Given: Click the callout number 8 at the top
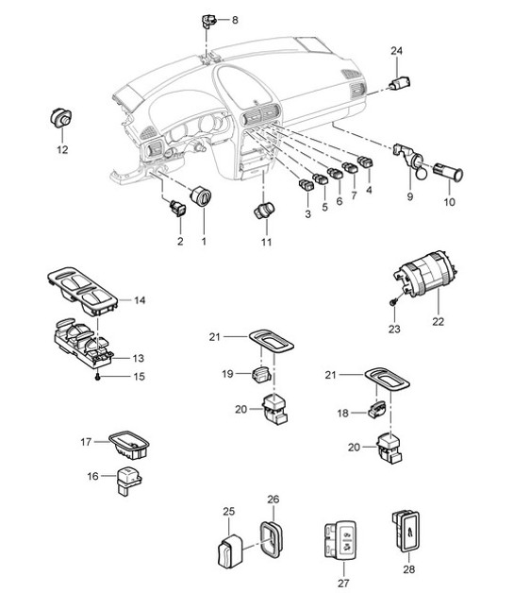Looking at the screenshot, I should [235, 20].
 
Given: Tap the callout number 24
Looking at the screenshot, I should [396, 50].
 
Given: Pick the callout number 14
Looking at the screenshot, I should [139, 300].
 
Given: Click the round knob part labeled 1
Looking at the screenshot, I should [201, 198].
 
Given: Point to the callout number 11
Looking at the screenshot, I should [266, 242].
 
